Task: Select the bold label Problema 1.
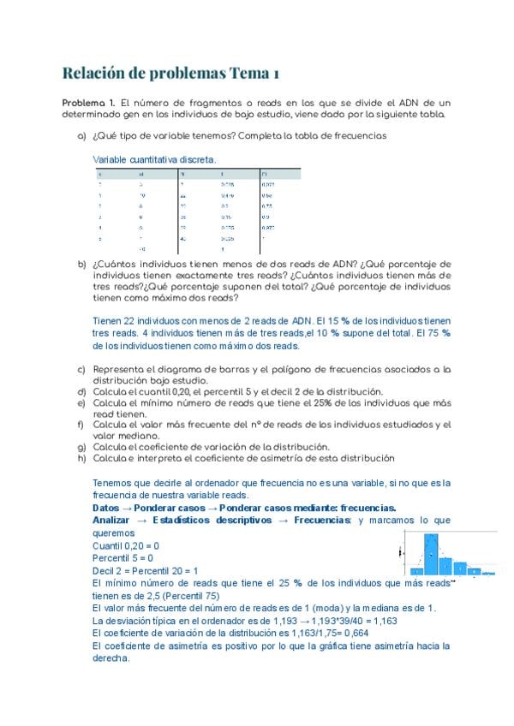pyautogui.click(x=89, y=102)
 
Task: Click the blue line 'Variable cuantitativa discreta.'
pyautogui.click(x=154, y=160)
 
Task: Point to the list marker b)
pyautogui.click(x=82, y=265)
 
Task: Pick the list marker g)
pyautogui.click(x=82, y=447)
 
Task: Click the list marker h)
pyautogui.click(x=82, y=458)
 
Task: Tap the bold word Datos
pyautogui.click(x=107, y=508)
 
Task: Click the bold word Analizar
pyautogui.click(x=111, y=520)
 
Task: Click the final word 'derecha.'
pyautogui.click(x=111, y=658)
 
